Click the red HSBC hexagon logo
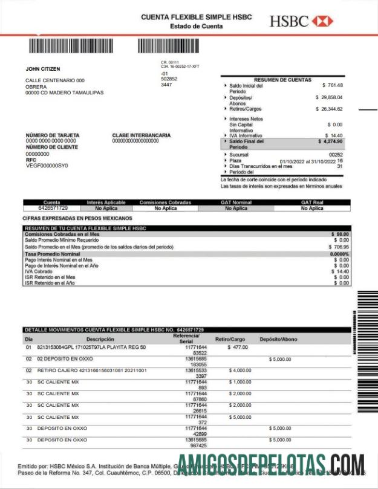click(x=323, y=22)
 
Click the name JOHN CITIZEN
click(x=43, y=69)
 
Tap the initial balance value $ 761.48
click(x=333, y=85)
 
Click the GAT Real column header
click(x=312, y=202)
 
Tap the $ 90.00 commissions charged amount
click(x=341, y=233)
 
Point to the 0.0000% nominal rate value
click(x=337, y=254)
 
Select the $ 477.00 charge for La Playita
click(x=238, y=348)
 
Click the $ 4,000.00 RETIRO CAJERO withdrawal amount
click(x=240, y=370)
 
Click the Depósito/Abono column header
click(x=278, y=339)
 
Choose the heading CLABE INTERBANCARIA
click(x=141, y=135)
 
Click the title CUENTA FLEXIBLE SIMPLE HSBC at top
click(x=196, y=18)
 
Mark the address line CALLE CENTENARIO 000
click(x=55, y=80)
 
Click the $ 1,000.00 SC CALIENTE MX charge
click(x=240, y=382)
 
